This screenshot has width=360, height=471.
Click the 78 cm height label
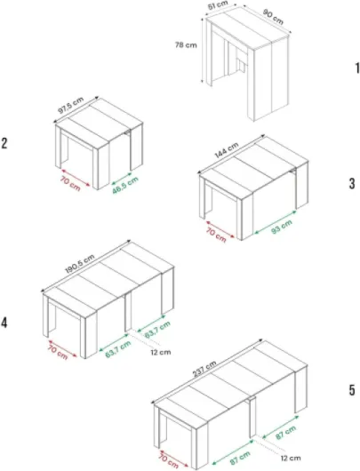click(186, 45)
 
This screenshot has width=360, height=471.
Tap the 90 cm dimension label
click(273, 17)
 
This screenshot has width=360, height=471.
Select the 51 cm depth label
click(218, 5)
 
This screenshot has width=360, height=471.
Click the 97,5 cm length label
click(70, 105)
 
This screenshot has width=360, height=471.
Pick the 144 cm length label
click(227, 150)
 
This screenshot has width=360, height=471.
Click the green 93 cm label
click(282, 227)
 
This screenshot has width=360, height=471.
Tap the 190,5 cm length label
click(80, 264)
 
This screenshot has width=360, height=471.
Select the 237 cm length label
click(204, 369)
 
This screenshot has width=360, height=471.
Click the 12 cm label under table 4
click(161, 352)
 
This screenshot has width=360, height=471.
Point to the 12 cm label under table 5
click(291, 458)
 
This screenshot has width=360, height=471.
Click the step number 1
click(357, 68)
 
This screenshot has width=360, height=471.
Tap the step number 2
click(4, 143)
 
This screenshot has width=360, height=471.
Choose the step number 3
click(352, 183)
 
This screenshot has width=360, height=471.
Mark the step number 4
click(4, 323)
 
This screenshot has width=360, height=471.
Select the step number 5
click(352, 390)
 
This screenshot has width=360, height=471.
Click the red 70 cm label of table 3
click(216, 235)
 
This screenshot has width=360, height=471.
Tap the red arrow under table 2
click(76, 178)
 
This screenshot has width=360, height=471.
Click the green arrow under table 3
click(276, 222)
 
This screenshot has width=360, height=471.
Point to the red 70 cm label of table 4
click(58, 352)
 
